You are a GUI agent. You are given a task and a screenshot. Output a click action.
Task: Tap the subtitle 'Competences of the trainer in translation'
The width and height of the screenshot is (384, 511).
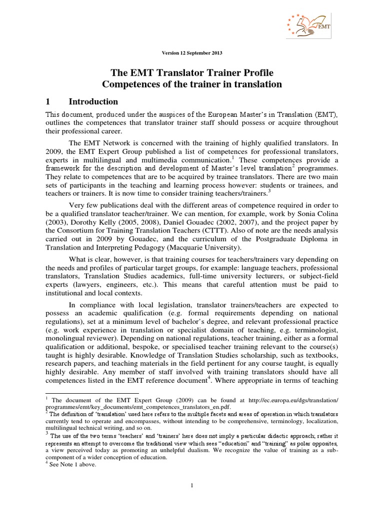191,84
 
